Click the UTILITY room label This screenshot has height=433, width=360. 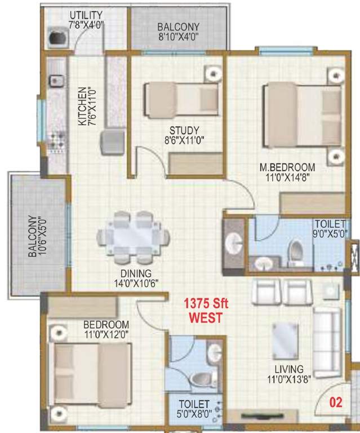click(86, 14)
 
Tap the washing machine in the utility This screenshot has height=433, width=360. click(58, 38)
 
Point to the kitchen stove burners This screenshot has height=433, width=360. click(56, 142)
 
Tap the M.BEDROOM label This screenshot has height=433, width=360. click(287, 167)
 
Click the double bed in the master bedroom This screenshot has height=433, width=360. click(303, 116)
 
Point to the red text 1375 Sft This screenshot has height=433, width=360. click(205, 304)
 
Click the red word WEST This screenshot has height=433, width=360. click(205, 317)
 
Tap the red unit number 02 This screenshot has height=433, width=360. click(336, 403)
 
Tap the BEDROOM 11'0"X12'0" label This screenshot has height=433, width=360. click(106, 325)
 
